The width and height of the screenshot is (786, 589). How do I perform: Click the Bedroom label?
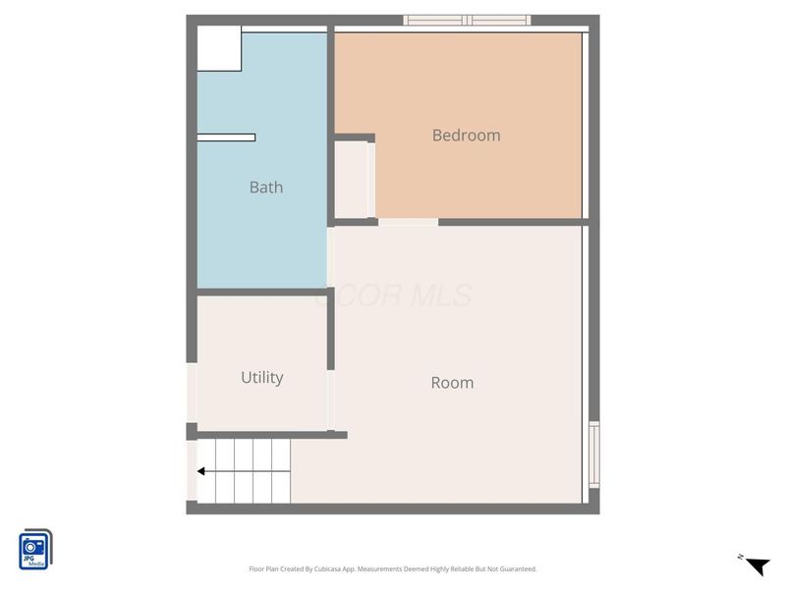click(466, 135)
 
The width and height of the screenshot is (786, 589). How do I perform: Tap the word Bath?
click(265, 187)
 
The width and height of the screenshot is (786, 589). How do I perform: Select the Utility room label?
click(262, 377)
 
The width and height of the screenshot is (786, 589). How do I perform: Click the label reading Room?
click(452, 383)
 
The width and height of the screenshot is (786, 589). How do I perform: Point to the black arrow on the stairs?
click(200, 471)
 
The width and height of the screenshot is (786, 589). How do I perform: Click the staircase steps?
click(246, 471)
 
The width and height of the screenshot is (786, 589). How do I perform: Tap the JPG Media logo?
click(35, 550)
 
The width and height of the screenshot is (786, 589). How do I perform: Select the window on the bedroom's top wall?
click(467, 20)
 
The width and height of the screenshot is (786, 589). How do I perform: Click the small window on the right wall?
click(593, 454)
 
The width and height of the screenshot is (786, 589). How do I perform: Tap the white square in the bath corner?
click(219, 48)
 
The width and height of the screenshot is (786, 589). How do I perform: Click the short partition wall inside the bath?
click(226, 137)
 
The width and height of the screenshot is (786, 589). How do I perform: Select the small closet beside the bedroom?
click(352, 180)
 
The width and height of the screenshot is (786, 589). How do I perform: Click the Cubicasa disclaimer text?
click(393, 569)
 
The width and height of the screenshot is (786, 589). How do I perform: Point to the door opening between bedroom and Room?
click(408, 223)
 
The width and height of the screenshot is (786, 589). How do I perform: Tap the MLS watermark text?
click(393, 295)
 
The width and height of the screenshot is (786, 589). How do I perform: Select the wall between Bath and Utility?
click(262, 292)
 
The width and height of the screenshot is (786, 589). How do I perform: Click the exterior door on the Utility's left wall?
click(192, 393)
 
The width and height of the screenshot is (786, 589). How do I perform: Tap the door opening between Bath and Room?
click(331, 257)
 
